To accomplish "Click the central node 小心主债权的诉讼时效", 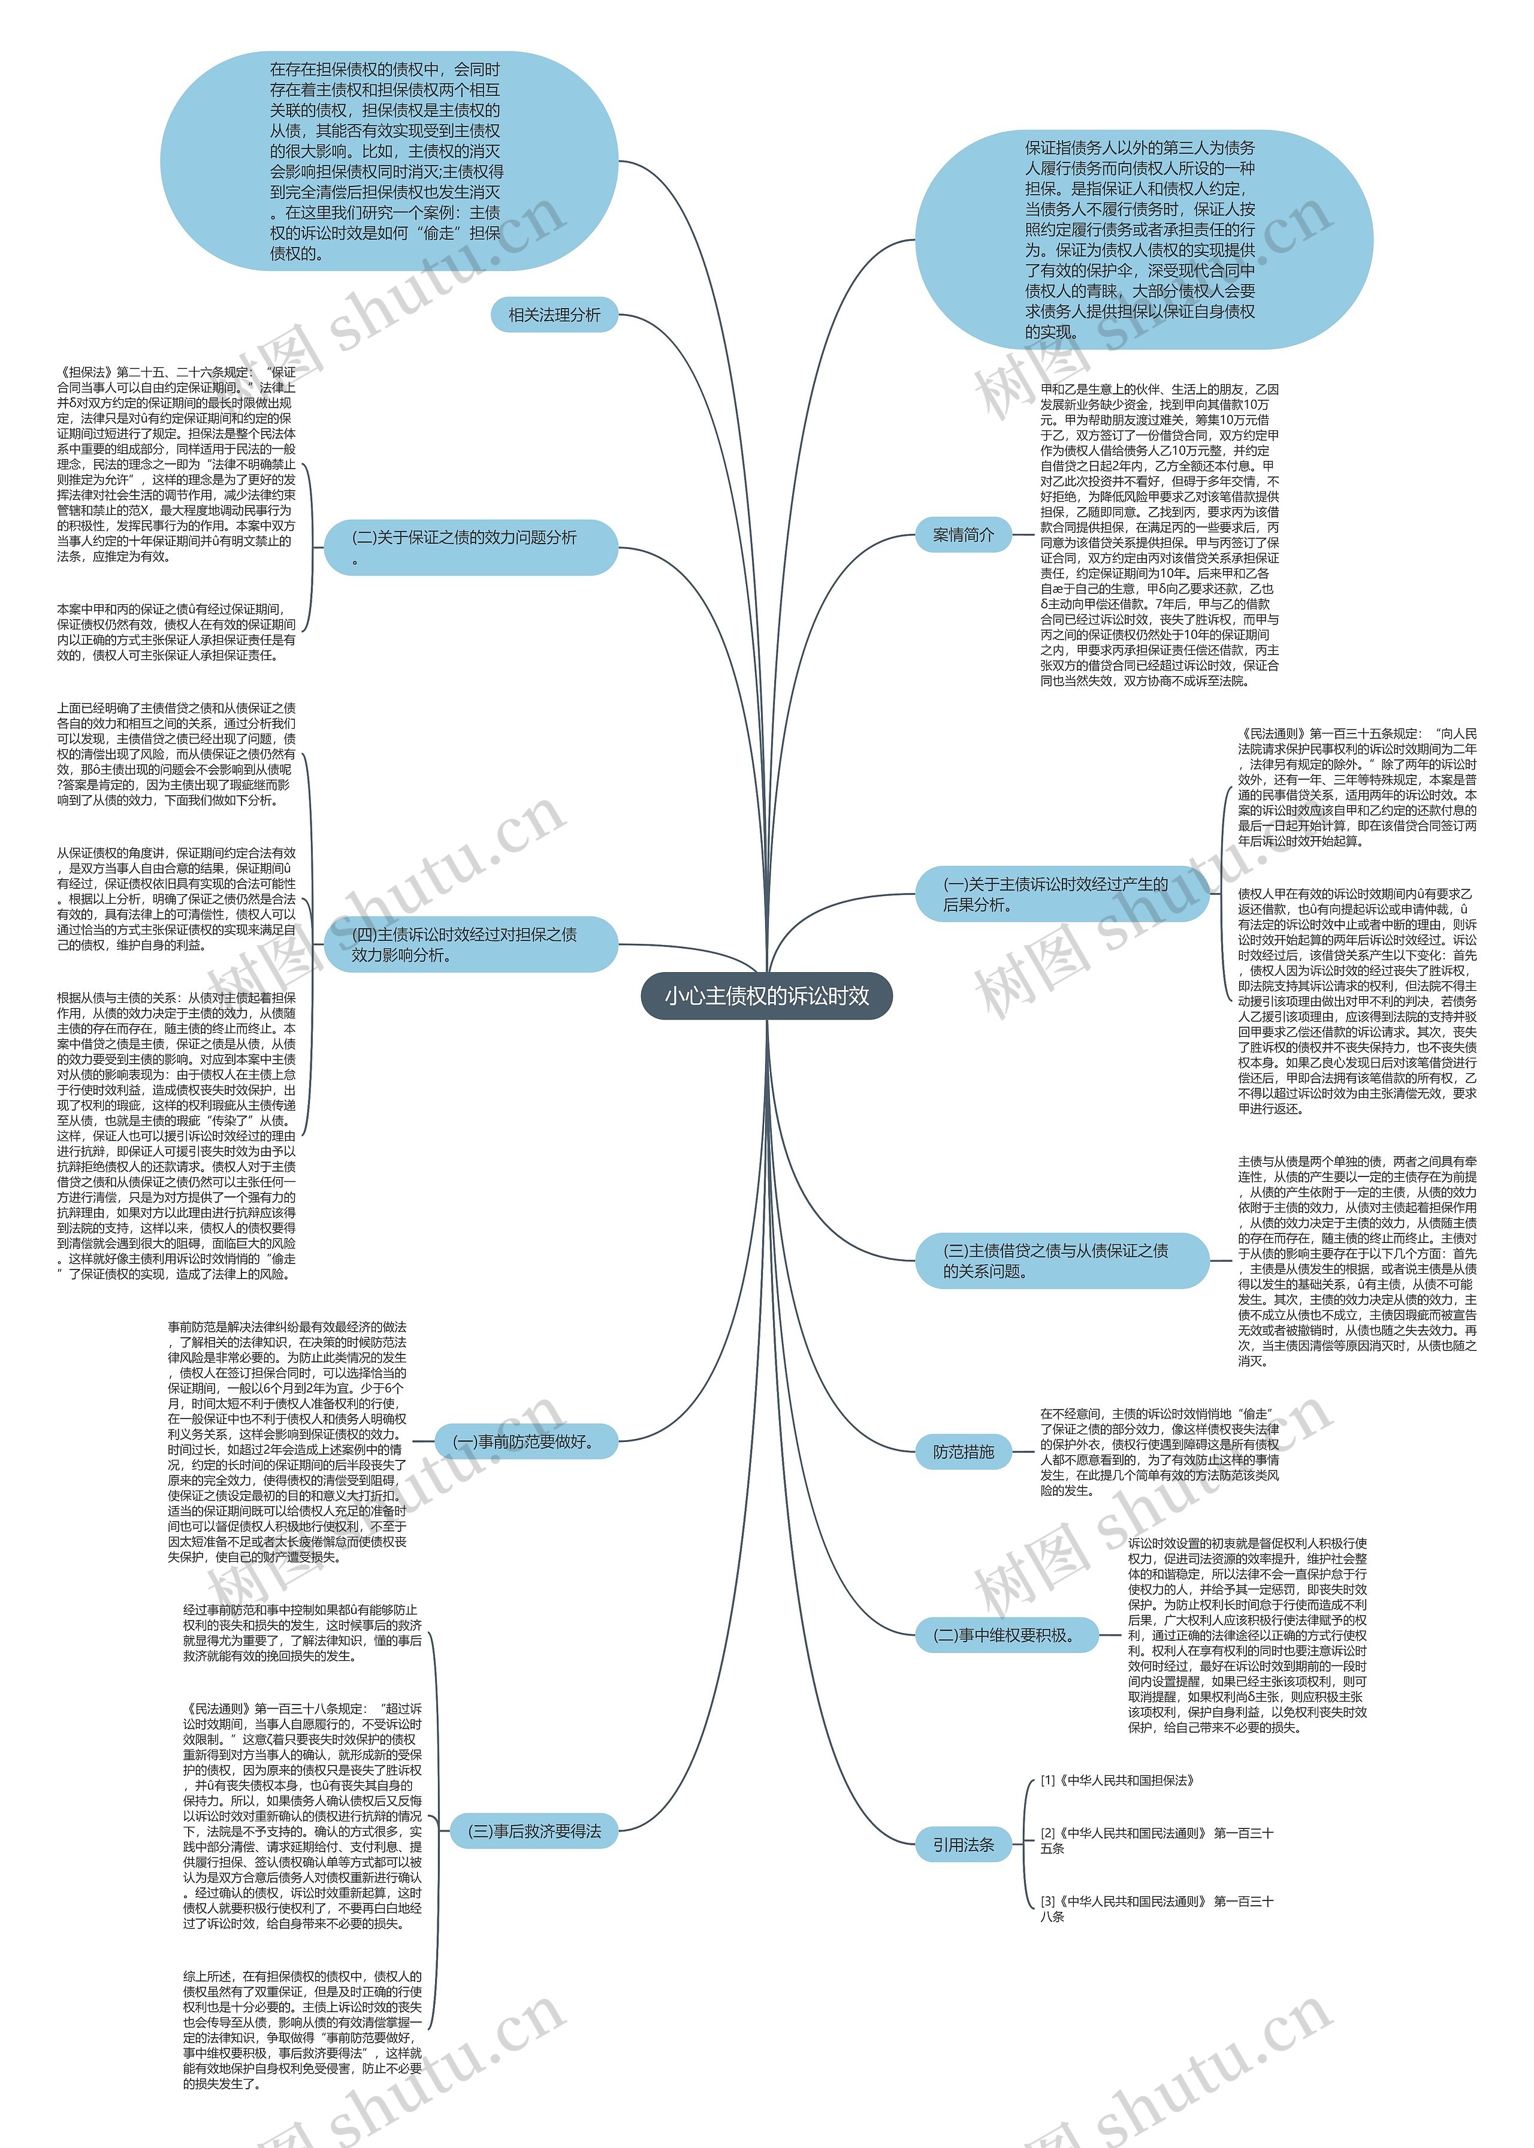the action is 766,995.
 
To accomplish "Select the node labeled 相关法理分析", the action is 554,315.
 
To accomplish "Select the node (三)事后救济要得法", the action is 534,1830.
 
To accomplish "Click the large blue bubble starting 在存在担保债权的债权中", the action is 388,161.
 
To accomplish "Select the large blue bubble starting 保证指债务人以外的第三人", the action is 1143,239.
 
